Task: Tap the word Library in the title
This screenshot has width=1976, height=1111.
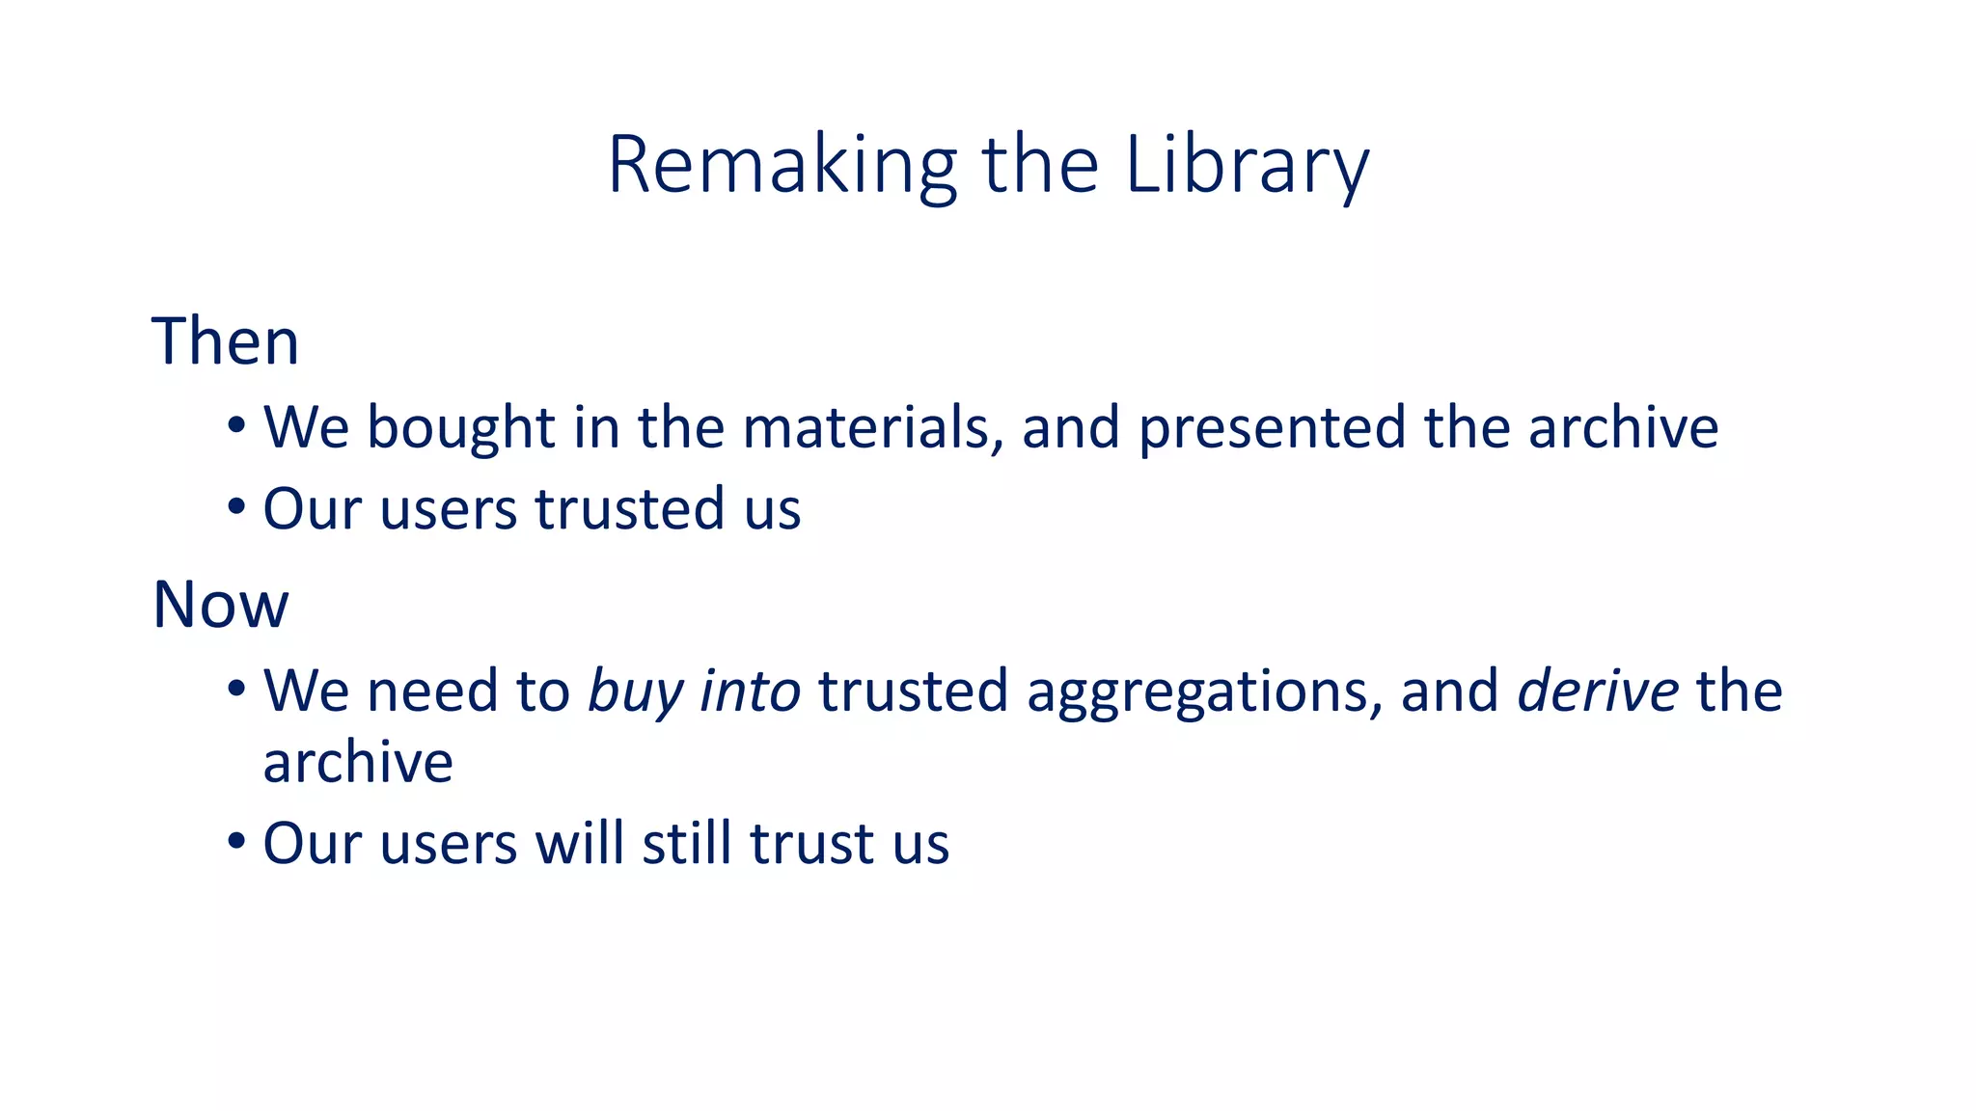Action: pos(1247,166)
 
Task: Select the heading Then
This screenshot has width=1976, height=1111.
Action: pos(226,341)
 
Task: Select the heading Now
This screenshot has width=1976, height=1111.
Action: pos(221,605)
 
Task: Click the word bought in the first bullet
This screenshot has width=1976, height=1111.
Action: pos(461,427)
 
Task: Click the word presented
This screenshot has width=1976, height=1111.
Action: pos(1272,427)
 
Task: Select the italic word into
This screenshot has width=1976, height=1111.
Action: pos(750,691)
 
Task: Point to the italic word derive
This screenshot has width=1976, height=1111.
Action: pos(1598,691)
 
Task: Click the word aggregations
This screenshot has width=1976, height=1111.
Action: pos(1196,691)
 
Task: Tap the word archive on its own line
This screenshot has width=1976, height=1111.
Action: pos(358,763)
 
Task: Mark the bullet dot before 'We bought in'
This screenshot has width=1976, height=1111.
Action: pos(236,425)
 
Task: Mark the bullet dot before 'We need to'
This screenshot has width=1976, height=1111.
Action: pos(236,690)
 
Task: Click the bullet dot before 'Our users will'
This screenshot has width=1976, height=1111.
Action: pos(236,841)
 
